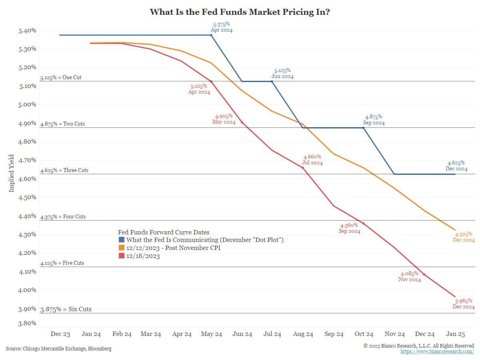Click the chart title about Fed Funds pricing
240,12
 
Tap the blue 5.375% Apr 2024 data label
221,27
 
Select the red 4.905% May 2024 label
224,119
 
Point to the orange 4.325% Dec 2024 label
463,237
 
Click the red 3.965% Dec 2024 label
463,304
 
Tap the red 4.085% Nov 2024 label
409,277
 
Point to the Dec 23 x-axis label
60,334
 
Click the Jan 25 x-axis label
455,334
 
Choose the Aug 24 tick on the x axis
303,334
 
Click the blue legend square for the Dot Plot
122,240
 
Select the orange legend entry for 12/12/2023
173,248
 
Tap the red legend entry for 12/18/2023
143,256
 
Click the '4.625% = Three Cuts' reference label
64,170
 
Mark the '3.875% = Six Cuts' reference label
66,309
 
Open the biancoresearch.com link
437,352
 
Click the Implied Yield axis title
12,173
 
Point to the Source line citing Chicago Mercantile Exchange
59,349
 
